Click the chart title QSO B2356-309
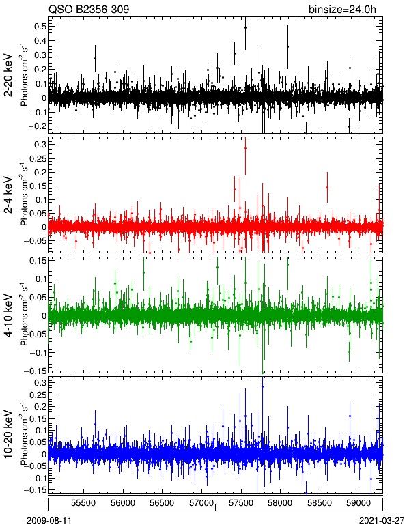[89, 9]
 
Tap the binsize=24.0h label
[342, 10]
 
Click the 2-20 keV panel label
[8, 75]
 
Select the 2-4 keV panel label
[8, 195]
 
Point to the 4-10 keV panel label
[8, 315]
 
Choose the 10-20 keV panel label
[8, 434]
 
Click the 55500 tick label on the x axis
[84, 503]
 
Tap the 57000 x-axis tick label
[201, 503]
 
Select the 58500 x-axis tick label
[319, 503]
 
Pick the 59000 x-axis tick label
[358, 503]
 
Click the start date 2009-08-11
[49, 521]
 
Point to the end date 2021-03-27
[382, 521]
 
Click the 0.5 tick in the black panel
[40, 26]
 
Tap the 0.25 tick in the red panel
[37, 158]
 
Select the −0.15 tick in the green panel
[35, 371]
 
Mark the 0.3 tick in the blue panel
[40, 382]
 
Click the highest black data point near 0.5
[245, 28]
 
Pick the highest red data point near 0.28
[245, 149]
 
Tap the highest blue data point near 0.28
[262, 387]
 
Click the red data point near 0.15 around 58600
[327, 188]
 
